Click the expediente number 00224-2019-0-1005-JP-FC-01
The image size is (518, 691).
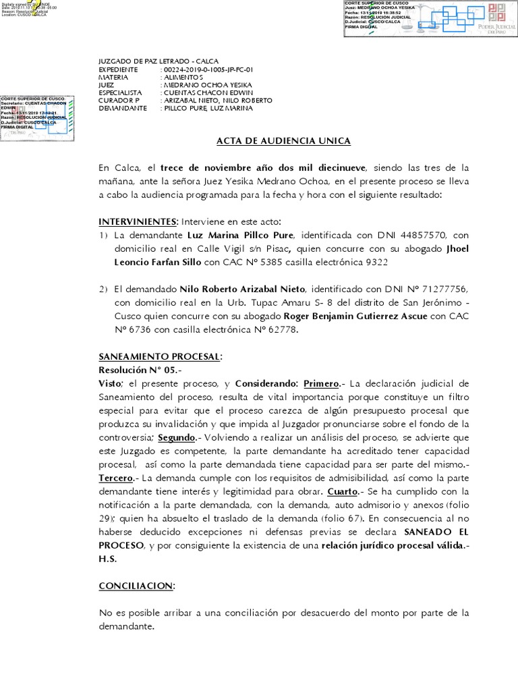(208, 70)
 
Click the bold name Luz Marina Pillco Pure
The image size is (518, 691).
(241, 236)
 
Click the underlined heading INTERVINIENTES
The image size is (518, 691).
(138, 222)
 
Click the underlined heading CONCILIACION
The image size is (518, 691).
(136, 586)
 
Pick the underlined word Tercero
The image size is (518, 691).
(116, 478)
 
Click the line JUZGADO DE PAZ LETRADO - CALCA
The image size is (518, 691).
(159, 61)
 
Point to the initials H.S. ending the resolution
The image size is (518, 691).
(108, 559)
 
